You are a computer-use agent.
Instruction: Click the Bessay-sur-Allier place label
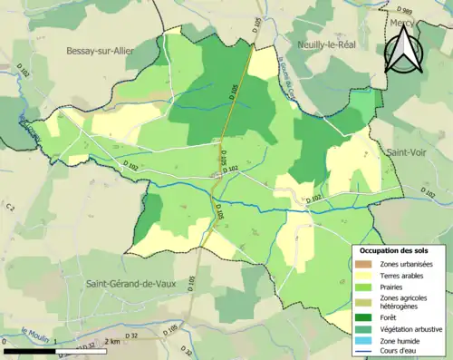click(100, 51)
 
